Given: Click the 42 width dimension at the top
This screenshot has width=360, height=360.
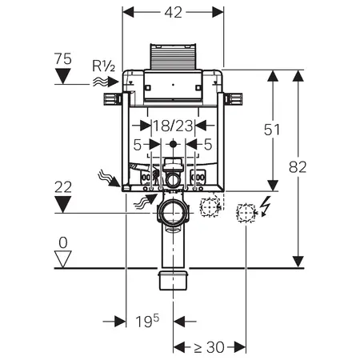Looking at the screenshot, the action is point(174,12).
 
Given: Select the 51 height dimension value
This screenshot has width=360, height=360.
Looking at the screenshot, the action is point(272,130).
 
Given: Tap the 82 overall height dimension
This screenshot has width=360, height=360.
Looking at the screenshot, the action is point(298,167).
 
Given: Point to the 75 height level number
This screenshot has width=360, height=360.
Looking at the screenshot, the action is point(63,58).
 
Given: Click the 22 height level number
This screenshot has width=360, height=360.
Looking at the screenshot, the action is point(63,187).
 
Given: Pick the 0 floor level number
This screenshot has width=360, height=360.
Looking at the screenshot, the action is point(63,243).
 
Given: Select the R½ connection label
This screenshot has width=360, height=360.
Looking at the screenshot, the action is point(104,66).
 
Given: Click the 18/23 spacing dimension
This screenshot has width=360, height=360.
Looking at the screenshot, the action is point(173,126).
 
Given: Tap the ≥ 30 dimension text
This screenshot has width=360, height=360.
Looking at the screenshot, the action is point(209,347).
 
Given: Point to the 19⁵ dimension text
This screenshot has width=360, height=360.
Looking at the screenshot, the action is point(147,321).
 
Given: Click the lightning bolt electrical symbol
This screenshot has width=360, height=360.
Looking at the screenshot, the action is point(266,206).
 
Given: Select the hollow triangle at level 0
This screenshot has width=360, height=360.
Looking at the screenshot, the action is point(63,259).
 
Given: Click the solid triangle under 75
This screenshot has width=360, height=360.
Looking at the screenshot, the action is point(63,76).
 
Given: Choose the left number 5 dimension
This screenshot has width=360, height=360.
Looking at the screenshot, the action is point(137,145).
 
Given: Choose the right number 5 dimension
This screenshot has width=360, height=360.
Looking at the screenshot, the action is point(208,144).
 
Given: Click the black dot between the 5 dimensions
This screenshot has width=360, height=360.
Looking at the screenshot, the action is point(173,144).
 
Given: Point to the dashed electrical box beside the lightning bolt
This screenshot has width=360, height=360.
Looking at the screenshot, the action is point(246,213).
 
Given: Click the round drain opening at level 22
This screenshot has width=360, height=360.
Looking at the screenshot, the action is point(173,213).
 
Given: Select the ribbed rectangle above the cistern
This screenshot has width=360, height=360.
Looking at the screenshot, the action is point(174,56).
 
